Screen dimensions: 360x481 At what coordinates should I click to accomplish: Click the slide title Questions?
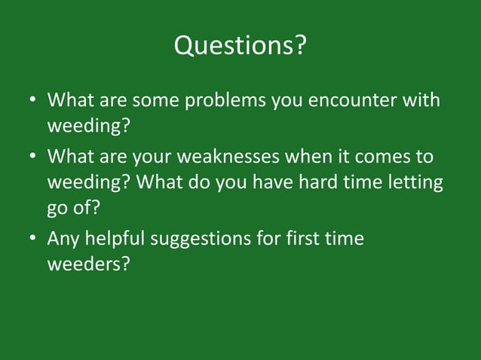[240, 47]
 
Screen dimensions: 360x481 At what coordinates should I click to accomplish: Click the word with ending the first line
[421, 100]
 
